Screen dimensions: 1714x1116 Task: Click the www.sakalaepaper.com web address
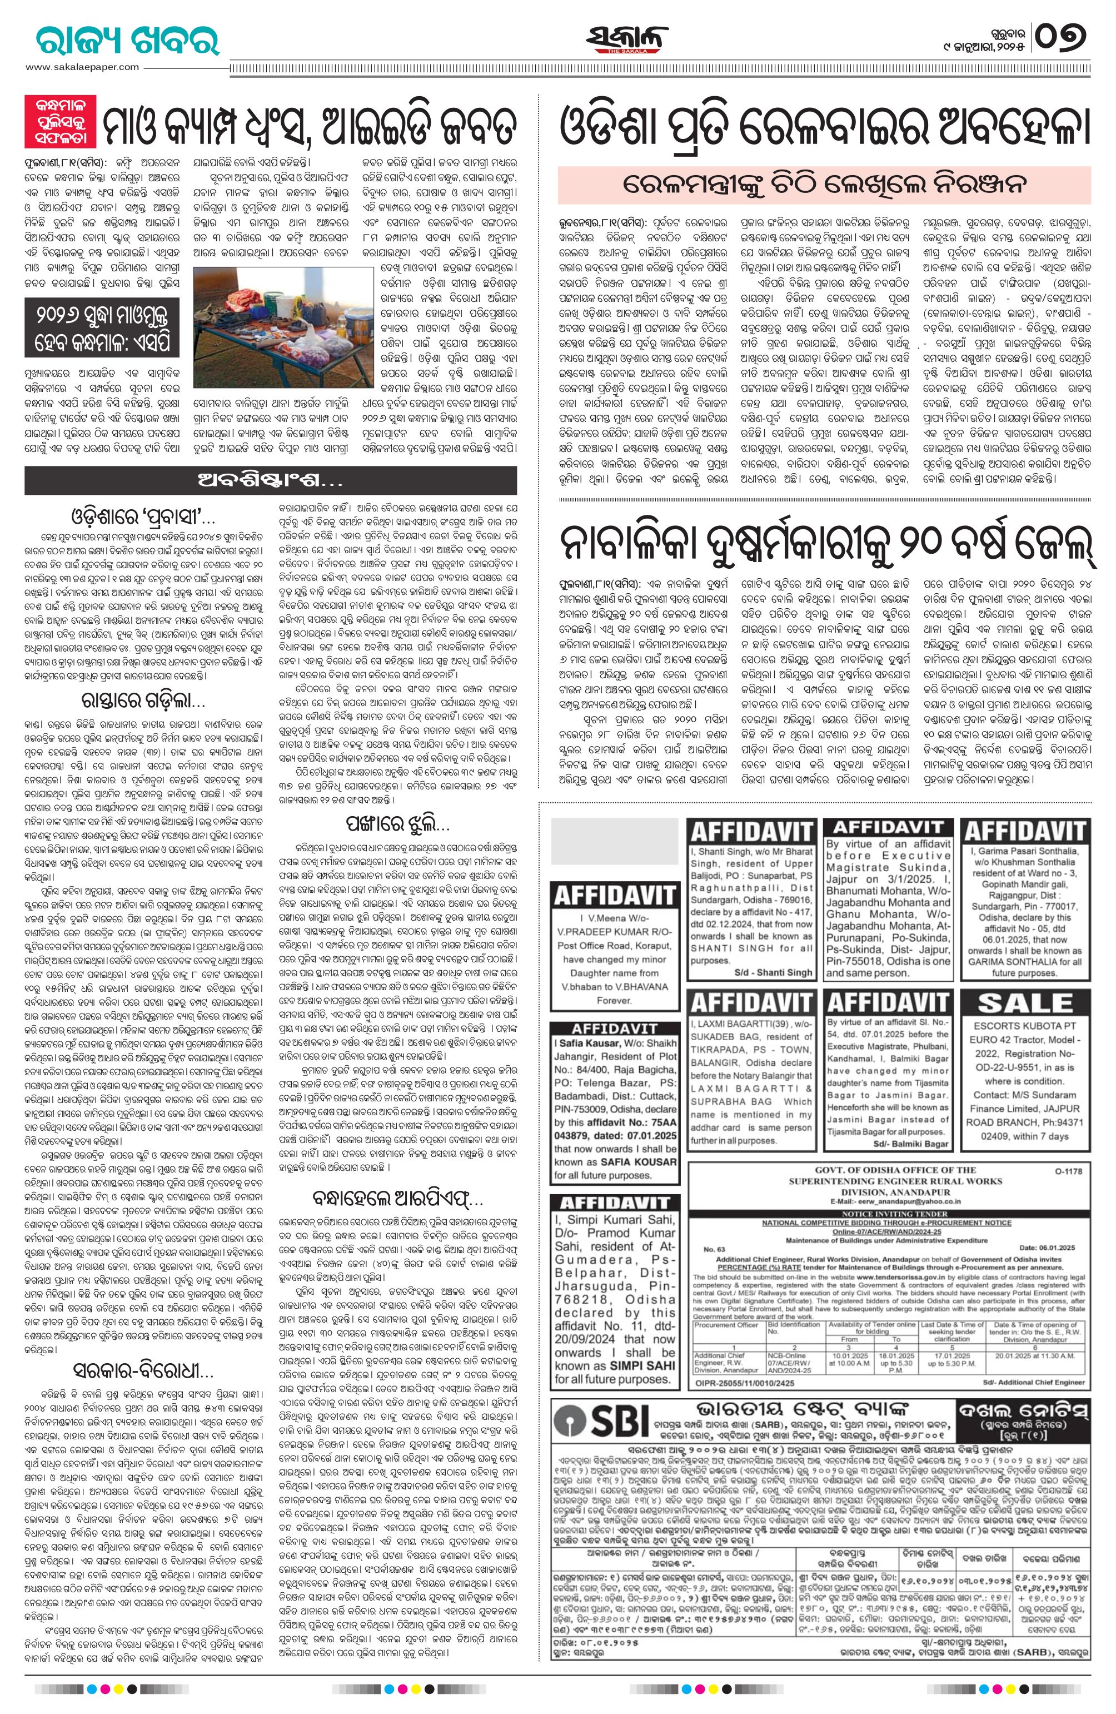[83, 67]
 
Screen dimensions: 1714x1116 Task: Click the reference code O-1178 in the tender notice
[1068, 1171]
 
